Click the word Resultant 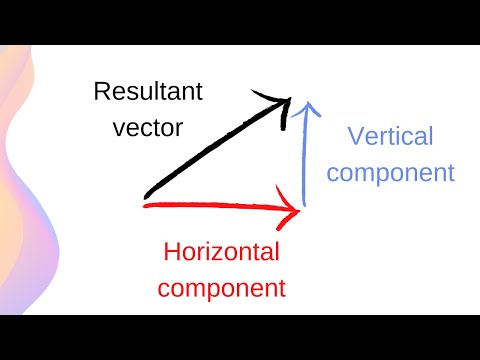[148, 93]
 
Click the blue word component [390, 172]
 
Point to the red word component [222, 288]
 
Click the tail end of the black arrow [147, 194]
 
